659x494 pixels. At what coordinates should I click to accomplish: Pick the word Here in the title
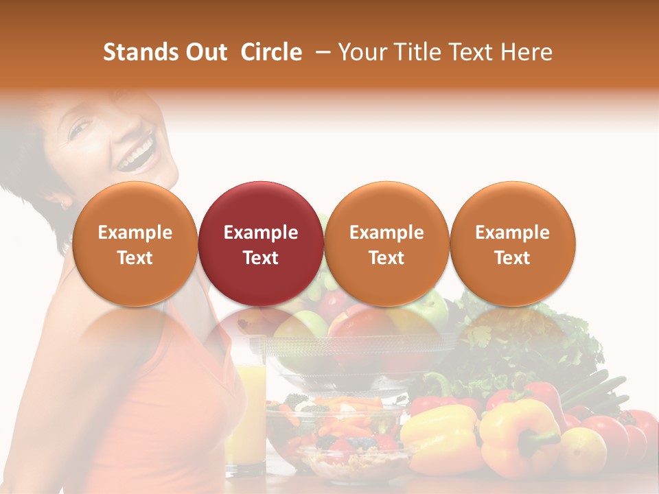(x=528, y=52)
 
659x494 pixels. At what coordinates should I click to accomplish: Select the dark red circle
(x=261, y=244)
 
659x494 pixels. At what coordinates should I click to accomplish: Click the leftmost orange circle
(x=135, y=244)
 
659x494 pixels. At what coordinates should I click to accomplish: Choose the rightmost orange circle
(x=512, y=244)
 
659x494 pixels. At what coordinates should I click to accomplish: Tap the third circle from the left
(x=386, y=244)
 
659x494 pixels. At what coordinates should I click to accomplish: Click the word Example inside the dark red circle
(x=261, y=233)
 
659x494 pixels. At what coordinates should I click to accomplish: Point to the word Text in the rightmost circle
(x=512, y=258)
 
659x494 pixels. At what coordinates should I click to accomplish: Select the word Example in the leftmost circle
(x=135, y=233)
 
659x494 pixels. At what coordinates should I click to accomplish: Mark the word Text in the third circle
(x=386, y=258)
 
